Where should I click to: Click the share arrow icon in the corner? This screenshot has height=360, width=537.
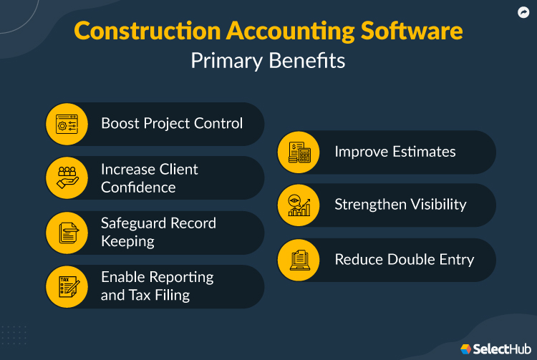click(x=523, y=12)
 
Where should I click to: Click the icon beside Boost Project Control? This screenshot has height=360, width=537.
click(x=67, y=124)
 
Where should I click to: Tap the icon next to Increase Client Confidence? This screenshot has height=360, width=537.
click(x=67, y=178)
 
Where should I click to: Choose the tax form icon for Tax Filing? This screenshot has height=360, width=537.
click(x=67, y=286)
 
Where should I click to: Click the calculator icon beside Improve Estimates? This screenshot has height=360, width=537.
click(x=299, y=152)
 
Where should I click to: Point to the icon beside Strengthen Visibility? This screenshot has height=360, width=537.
click(x=299, y=205)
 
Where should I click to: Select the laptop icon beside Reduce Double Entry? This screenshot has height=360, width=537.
click(x=299, y=260)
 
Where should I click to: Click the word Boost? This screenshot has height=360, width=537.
click(x=120, y=123)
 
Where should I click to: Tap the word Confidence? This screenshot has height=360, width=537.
click(x=138, y=188)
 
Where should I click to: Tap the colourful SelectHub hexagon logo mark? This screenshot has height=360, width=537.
click(x=466, y=349)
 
